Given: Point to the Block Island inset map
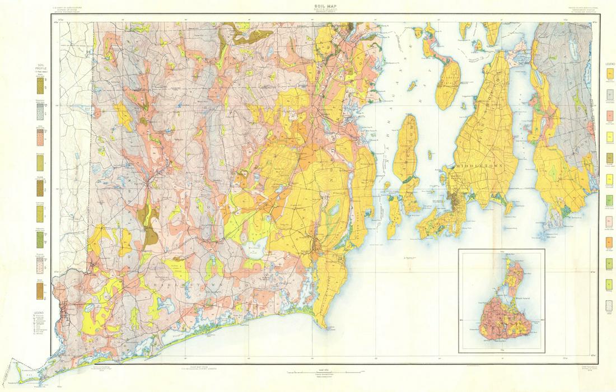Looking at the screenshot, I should click(501, 301).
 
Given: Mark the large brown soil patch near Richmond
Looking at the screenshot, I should click(150, 228).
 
